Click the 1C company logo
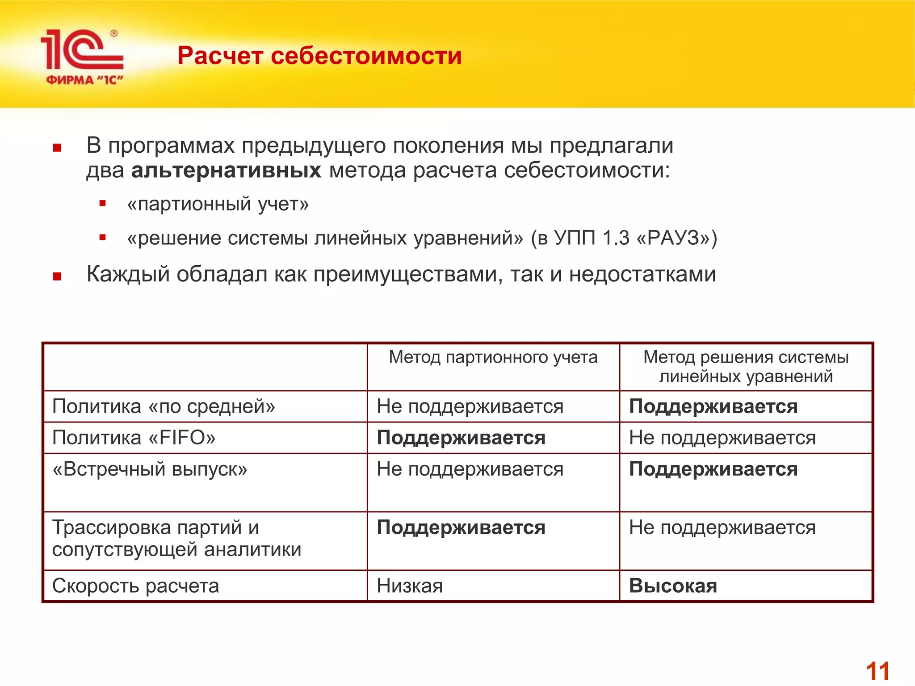pyautogui.click(x=83, y=56)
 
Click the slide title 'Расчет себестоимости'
pyautogui.click(x=319, y=56)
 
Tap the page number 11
pyautogui.click(x=877, y=671)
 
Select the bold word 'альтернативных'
pyautogui.click(x=226, y=171)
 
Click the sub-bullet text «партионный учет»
pyautogui.click(x=218, y=204)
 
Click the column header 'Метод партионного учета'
pyautogui.click(x=493, y=357)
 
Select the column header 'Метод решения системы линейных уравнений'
pyautogui.click(x=746, y=367)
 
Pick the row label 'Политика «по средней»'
pyautogui.click(x=164, y=406)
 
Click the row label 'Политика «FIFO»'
pyautogui.click(x=134, y=438)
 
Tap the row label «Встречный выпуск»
pyautogui.click(x=150, y=469)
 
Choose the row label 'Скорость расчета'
pyautogui.click(x=135, y=586)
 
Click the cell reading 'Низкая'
pyautogui.click(x=410, y=586)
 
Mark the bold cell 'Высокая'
pyautogui.click(x=673, y=586)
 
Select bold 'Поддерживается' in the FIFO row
pyautogui.click(x=461, y=438)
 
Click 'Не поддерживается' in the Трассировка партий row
pyautogui.click(x=722, y=528)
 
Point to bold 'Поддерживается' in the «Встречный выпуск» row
pyautogui.click(x=713, y=469)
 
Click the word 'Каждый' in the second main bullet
pyautogui.click(x=128, y=274)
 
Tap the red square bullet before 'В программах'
pyautogui.click(x=57, y=148)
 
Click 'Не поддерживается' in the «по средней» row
pyautogui.click(x=470, y=406)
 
